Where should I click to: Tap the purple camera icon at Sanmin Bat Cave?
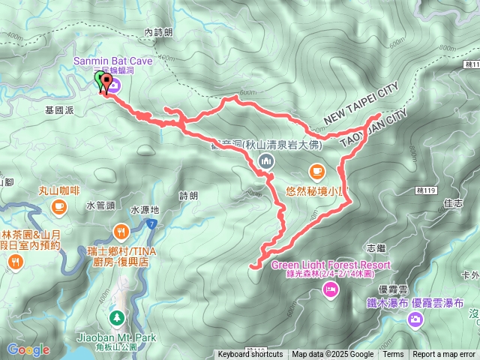tap(116, 86)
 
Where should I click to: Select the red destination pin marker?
tap(106, 83)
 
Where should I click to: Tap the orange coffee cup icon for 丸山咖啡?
tap(59, 205)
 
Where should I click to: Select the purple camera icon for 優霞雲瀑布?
tap(414, 320)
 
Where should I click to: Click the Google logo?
tap(28, 349)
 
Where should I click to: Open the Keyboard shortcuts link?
tap(250, 355)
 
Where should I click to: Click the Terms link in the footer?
tap(393, 355)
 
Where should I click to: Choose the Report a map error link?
tap(444, 355)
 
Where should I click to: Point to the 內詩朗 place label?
tap(158, 33)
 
